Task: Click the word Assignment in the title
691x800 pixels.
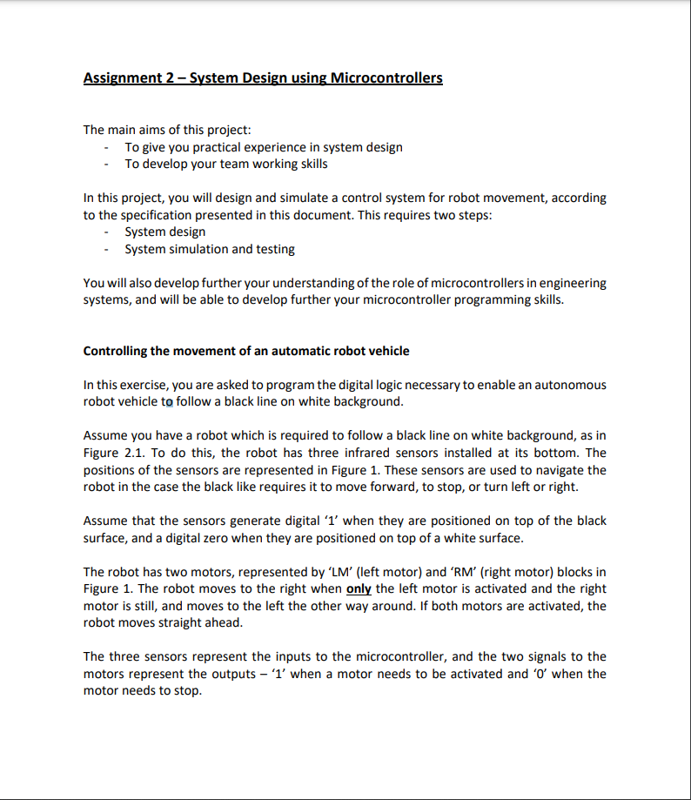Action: (123, 78)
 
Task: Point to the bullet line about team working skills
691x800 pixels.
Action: (226, 164)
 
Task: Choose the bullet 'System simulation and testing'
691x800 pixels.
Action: (210, 249)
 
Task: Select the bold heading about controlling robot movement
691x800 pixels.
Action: (246, 351)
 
